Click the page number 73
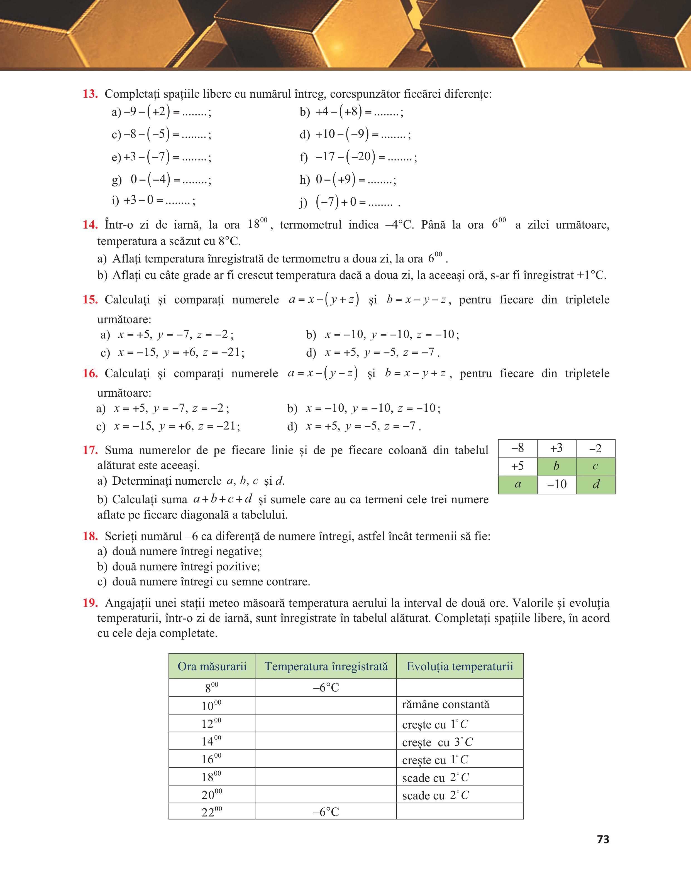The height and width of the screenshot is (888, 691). (603, 839)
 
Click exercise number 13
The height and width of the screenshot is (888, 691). (90, 94)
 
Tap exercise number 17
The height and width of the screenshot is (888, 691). (90, 450)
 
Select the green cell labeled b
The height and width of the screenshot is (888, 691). (556, 466)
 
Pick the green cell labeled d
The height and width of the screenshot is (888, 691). (596, 484)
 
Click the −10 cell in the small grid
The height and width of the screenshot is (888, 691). (556, 484)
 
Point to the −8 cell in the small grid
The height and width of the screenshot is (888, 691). (517, 448)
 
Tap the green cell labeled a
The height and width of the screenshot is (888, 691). (517, 484)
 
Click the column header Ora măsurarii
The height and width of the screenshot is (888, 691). (212, 666)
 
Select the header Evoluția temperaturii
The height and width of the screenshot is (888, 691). (460, 666)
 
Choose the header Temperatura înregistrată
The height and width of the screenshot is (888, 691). (326, 666)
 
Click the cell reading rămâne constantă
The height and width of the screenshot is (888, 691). (446, 705)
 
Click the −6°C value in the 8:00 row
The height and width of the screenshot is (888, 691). (326, 688)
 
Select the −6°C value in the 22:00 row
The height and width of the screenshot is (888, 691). (326, 812)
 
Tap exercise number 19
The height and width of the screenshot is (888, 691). (90, 603)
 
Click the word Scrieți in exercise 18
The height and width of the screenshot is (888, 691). (121, 536)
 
